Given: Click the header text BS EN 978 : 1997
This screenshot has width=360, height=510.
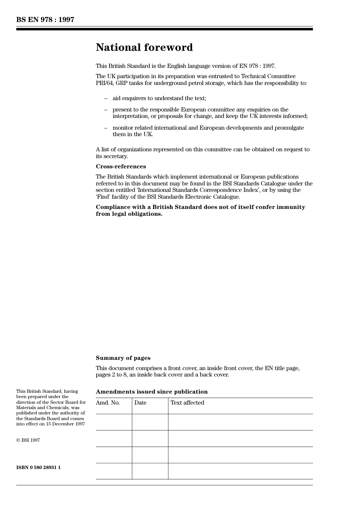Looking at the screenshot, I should coord(45,20).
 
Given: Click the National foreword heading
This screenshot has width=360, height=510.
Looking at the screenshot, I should coord(144,47).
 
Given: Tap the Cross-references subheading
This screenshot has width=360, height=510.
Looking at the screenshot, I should coord(121,166).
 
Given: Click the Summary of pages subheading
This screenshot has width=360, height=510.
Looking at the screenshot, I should coord(123,358).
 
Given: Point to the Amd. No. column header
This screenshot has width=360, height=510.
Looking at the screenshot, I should coord(108,403).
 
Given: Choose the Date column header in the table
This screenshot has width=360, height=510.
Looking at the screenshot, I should coord(140,403).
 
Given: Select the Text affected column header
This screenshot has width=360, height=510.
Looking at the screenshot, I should coord(187,403).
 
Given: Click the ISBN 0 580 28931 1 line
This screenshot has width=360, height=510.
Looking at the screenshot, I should coord(38,468).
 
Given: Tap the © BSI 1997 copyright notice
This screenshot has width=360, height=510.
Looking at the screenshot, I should coord(28,440).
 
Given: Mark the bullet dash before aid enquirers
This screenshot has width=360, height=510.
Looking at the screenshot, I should coord(106,99).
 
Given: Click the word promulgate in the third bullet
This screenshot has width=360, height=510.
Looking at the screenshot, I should coord(289,128).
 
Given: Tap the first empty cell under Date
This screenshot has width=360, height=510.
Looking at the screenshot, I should coord(150,422).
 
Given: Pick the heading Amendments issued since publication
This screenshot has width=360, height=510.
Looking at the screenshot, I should coord(152,392).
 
